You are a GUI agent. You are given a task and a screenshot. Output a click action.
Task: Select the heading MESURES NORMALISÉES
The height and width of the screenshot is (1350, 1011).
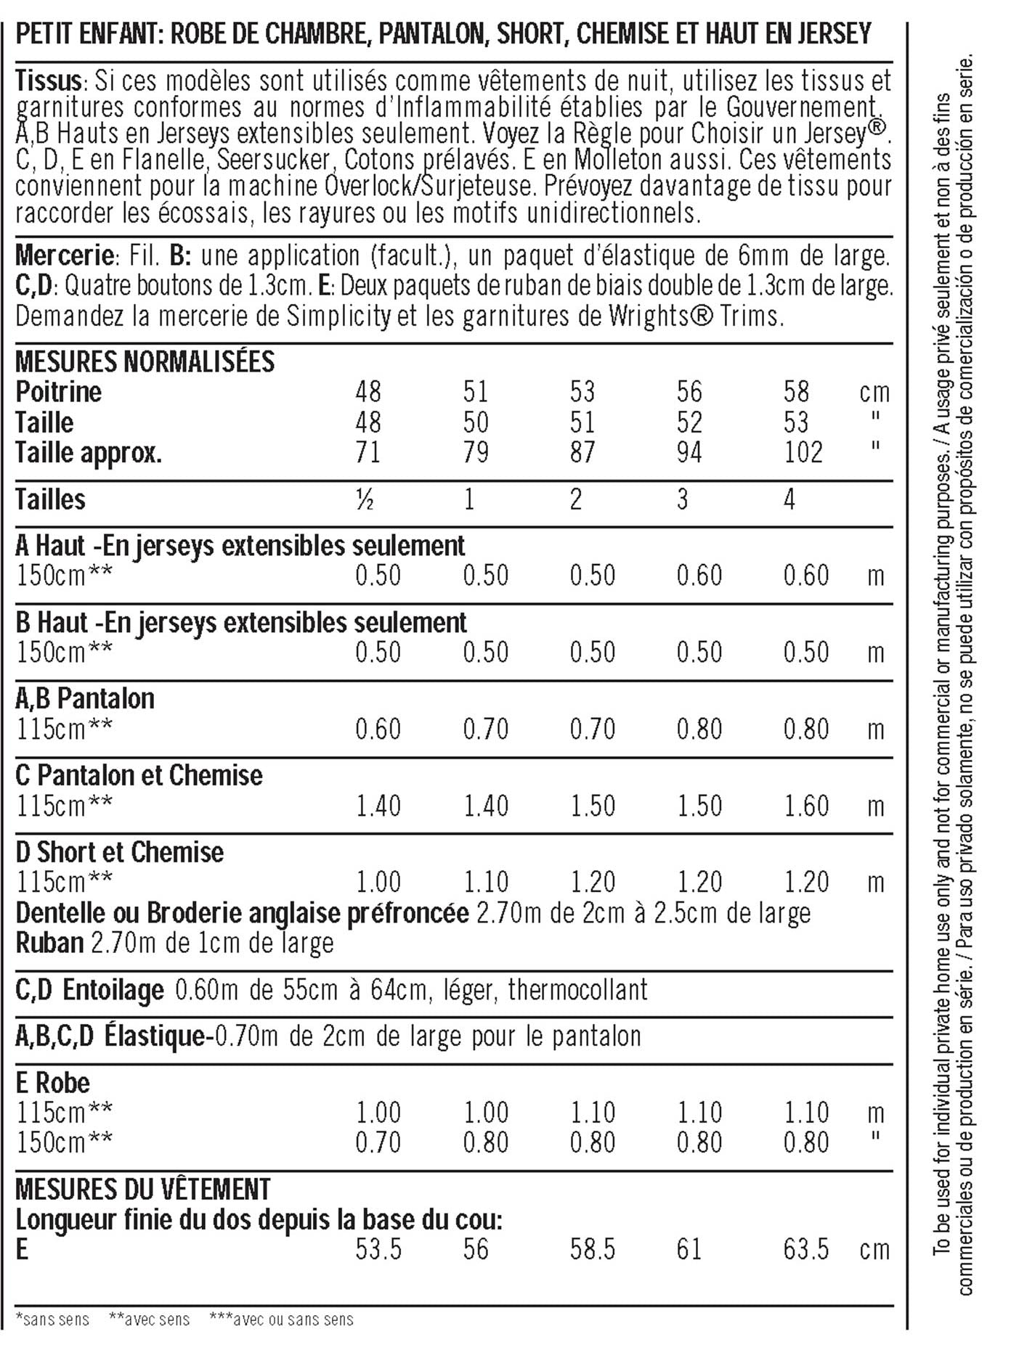click(x=145, y=361)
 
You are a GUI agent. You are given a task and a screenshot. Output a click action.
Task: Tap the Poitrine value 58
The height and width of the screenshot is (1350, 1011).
click(x=796, y=392)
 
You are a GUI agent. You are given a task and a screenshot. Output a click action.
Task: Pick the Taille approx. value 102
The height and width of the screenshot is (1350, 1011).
click(x=803, y=453)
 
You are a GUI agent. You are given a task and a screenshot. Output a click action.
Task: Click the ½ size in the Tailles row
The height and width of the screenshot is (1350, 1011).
click(x=365, y=499)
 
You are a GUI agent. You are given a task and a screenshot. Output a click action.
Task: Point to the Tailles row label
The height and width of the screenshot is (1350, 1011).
click(x=50, y=499)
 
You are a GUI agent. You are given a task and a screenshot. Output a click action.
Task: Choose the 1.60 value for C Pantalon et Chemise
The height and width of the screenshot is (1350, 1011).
click(x=805, y=806)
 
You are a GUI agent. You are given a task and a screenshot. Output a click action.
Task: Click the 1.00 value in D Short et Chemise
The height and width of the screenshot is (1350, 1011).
click(x=378, y=882)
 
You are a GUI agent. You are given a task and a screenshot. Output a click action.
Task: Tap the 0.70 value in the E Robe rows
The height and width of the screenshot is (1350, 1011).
click(x=378, y=1143)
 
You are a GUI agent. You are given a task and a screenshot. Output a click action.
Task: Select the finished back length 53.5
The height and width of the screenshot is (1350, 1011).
click(x=378, y=1249)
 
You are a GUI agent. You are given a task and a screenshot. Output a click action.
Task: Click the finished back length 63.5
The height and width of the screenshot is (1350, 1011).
click(x=805, y=1249)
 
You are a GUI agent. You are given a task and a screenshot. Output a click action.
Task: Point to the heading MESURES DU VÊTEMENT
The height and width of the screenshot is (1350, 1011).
click(x=143, y=1189)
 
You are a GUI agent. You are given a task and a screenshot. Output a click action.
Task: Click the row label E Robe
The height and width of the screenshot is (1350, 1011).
click(x=52, y=1083)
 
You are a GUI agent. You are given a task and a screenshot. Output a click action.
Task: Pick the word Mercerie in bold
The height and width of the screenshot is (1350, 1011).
click(x=64, y=255)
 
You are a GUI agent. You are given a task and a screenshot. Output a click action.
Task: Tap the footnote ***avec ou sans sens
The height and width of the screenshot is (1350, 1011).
click(x=281, y=1319)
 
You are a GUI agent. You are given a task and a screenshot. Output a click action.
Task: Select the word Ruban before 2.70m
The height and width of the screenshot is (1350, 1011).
click(x=49, y=943)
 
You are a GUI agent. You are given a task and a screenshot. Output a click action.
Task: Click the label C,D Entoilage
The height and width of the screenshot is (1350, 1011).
click(x=89, y=990)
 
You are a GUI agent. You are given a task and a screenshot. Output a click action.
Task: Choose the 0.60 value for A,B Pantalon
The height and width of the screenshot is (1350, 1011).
click(x=378, y=729)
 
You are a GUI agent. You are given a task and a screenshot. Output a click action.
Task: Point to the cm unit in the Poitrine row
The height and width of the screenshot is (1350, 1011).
click(x=874, y=392)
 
